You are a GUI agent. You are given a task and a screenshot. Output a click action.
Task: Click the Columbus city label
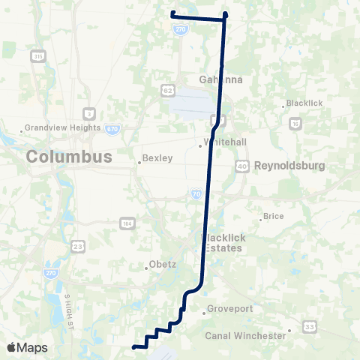(x=69, y=157)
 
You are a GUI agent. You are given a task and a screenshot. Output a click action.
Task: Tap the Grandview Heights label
(x=64, y=127)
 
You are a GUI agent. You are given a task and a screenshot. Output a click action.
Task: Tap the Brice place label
(x=273, y=217)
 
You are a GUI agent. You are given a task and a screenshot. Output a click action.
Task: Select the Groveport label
(x=225, y=312)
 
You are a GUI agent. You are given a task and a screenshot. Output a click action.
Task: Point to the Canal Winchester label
(x=246, y=335)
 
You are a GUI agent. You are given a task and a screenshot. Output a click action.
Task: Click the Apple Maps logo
(x=27, y=347)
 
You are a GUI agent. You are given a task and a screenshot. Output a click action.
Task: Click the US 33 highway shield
(x=309, y=326)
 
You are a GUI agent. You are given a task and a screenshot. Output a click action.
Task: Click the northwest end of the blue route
(x=172, y=13)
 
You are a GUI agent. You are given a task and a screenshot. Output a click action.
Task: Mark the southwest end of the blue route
(x=134, y=347)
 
